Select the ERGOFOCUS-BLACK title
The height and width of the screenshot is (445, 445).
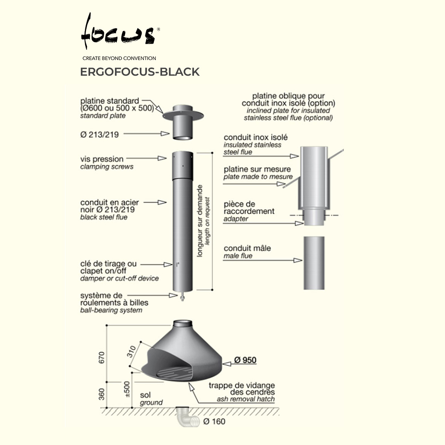140,72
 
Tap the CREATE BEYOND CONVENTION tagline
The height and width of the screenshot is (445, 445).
119,58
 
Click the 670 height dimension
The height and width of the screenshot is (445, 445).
101,357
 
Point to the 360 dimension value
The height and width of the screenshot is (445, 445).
101,394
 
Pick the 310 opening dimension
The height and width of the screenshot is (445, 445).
131,352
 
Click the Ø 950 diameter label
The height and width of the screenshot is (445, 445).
245,360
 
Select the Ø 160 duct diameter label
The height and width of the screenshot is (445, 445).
214,421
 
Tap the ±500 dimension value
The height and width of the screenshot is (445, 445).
127,389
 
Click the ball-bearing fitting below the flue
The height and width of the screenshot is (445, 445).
182,296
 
